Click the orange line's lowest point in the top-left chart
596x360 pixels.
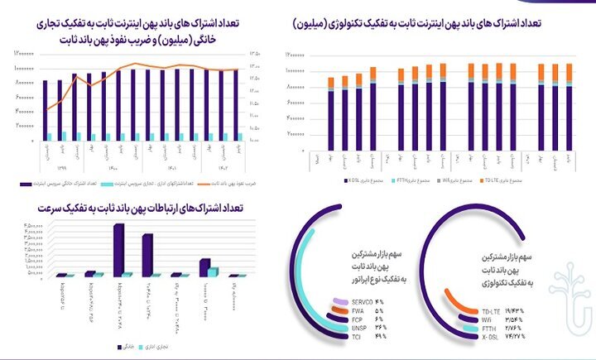[46, 108]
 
